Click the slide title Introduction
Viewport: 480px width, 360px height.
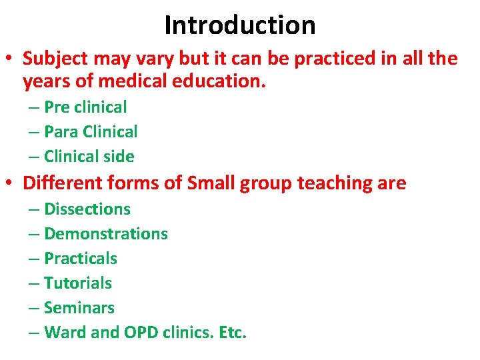pyautogui.click(x=239, y=25)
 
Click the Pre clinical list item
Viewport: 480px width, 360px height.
pyautogui.click(x=85, y=107)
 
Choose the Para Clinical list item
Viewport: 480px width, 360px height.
pyautogui.click(x=91, y=132)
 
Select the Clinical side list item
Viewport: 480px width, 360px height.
pyautogui.click(x=89, y=157)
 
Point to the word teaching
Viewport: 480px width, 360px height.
pyautogui.click(x=336, y=183)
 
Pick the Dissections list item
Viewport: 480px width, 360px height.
pyautogui.click(x=87, y=209)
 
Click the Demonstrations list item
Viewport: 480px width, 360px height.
pyautogui.click(x=105, y=234)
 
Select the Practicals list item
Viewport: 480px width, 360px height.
pyautogui.click(x=80, y=259)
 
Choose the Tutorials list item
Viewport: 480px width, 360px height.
pyautogui.click(x=77, y=283)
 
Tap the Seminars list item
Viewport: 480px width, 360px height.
pyautogui.click(x=79, y=308)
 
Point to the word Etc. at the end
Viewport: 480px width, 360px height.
pyautogui.click(x=232, y=333)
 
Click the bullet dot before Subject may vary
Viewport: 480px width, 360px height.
pyautogui.click(x=11, y=59)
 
